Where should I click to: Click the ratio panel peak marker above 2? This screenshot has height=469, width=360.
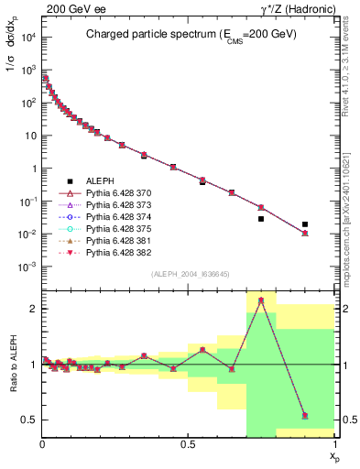[x=261, y=300]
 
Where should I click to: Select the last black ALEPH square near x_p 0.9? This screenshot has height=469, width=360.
[x=305, y=224]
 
